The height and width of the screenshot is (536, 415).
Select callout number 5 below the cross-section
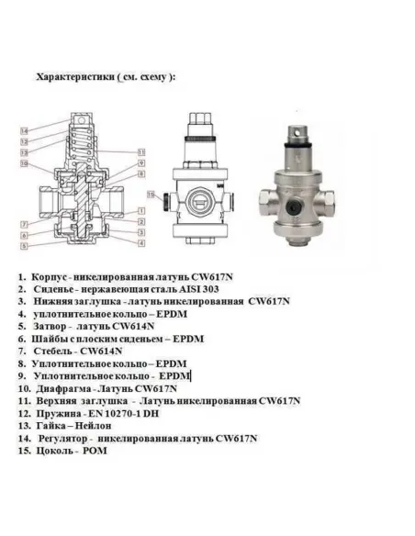point(21,245)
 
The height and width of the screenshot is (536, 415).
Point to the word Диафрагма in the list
point(61,389)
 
